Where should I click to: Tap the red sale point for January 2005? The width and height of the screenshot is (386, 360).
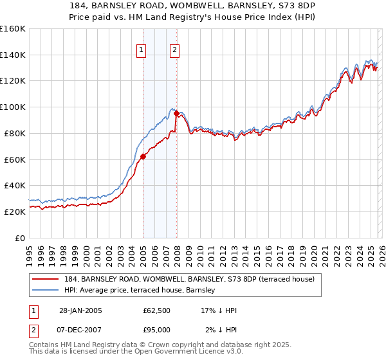(143, 156)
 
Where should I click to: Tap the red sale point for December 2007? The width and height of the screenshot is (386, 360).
(176, 114)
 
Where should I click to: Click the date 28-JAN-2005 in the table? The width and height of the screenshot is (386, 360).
(77, 310)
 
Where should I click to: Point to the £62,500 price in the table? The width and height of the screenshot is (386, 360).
(157, 310)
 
